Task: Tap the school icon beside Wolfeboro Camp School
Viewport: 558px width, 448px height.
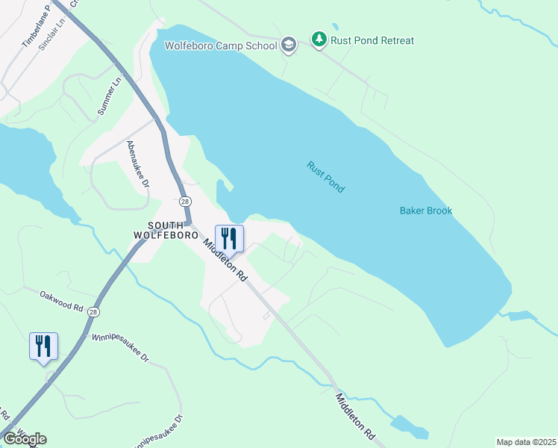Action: click(289, 46)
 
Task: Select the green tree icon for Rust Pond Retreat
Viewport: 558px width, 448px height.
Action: click(319, 40)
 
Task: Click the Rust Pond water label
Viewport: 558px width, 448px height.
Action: click(326, 177)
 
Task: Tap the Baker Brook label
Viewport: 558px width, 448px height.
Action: click(426, 211)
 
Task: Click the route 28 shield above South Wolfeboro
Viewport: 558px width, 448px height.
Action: click(184, 202)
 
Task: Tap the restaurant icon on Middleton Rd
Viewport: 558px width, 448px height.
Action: click(229, 238)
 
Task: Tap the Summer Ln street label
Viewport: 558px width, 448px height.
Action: click(108, 99)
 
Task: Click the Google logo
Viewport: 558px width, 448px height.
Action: click(25, 438)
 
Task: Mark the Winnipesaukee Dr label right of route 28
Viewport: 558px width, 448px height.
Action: click(120, 348)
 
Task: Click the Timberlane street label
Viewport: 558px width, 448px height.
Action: click(35, 28)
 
